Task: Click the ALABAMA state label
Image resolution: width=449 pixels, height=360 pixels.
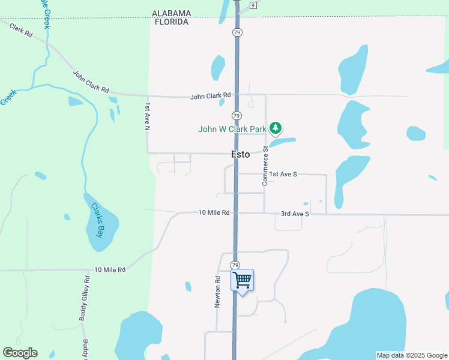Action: tap(171, 13)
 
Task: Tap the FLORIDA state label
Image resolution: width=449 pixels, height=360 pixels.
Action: tap(171, 22)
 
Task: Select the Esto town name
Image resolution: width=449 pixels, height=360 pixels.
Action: tap(241, 154)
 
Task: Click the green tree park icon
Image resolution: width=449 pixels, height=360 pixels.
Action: tap(276, 128)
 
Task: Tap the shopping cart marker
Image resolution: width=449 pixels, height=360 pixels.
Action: tap(242, 280)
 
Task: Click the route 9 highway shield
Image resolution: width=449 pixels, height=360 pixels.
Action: tap(253, 5)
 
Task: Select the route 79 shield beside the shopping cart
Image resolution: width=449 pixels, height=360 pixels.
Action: tap(235, 265)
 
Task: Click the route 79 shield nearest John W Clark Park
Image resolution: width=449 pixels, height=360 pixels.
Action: tap(237, 115)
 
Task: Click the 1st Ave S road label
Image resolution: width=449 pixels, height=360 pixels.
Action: tap(283, 174)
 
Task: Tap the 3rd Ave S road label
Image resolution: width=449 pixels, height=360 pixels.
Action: tap(295, 214)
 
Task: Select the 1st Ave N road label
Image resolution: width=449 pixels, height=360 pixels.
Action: tap(147, 116)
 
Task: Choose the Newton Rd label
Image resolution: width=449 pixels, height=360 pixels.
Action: tap(217, 292)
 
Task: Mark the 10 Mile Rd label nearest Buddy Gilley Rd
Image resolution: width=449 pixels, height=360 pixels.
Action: tap(110, 270)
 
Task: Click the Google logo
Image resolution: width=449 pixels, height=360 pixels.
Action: tap(20, 353)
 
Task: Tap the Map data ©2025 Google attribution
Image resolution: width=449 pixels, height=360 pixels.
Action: tap(412, 355)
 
